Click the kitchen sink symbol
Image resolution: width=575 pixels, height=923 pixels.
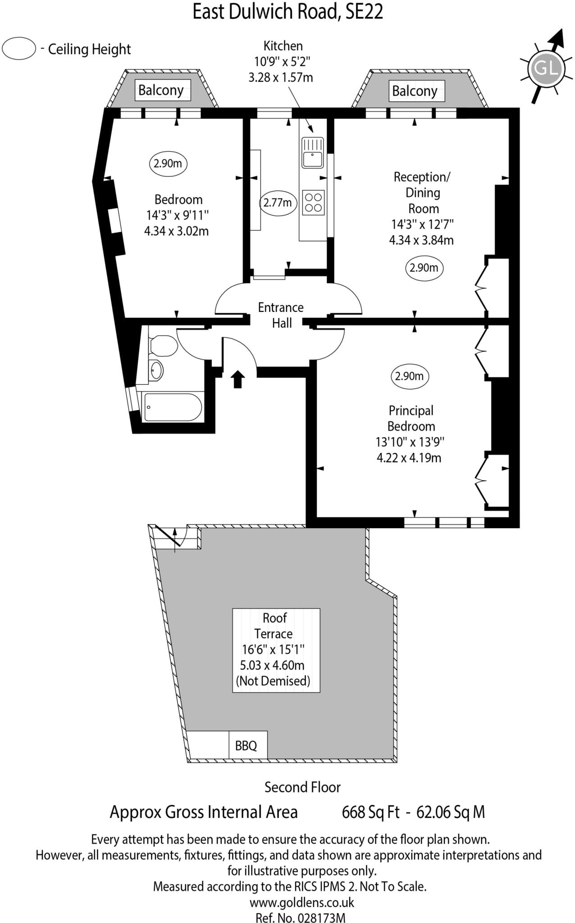pyautogui.click(x=313, y=152)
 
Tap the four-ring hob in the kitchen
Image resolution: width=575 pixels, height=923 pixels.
pyautogui.click(x=313, y=202)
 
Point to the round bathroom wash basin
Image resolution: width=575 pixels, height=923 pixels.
pyautogui.click(x=156, y=370)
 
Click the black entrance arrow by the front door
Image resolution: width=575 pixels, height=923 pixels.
pyautogui.click(x=237, y=379)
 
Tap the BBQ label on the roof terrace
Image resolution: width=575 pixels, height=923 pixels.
pyautogui.click(x=246, y=745)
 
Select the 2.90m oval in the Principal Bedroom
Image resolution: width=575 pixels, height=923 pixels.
pyautogui.click(x=410, y=376)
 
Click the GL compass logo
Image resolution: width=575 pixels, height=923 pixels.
pyautogui.click(x=546, y=69)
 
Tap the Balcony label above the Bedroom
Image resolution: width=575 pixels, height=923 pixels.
pyautogui.click(x=161, y=90)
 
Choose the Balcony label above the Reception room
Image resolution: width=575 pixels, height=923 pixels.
pyautogui.click(x=415, y=91)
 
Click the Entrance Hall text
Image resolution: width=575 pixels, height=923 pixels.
pyautogui.click(x=281, y=315)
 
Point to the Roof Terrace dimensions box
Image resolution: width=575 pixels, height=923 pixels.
pyautogui.click(x=276, y=650)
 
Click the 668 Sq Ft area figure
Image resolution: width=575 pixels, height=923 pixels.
pyautogui.click(x=370, y=812)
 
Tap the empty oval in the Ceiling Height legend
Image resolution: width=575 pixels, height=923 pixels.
pyautogui.click(x=18, y=49)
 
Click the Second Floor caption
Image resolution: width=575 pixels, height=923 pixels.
pyautogui.click(x=302, y=787)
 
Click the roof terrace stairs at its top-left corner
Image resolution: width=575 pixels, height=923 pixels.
pyautogui.click(x=176, y=537)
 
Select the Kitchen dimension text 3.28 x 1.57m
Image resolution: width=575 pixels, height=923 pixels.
pyautogui.click(x=280, y=77)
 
